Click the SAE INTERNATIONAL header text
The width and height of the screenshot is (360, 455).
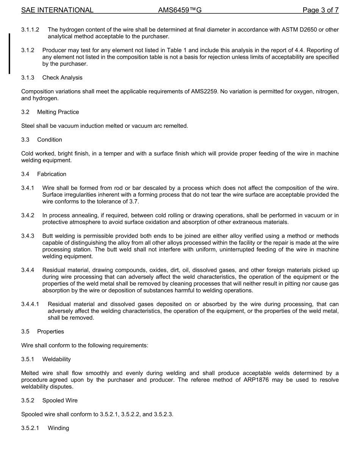(x=57, y=10)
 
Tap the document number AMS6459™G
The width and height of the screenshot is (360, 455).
(x=180, y=10)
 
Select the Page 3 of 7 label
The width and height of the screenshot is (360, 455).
(x=320, y=10)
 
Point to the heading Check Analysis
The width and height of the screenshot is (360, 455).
(x=62, y=77)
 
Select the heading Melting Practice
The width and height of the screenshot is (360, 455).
(x=58, y=112)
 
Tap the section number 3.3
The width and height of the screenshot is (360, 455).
(x=25, y=140)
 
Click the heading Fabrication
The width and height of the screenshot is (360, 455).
(x=52, y=174)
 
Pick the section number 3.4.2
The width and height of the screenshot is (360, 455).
(x=28, y=215)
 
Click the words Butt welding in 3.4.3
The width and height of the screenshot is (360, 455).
(x=57, y=236)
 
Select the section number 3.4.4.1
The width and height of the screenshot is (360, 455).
(x=30, y=304)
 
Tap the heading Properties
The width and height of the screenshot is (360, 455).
(x=50, y=331)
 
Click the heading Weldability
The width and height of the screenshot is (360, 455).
(x=56, y=359)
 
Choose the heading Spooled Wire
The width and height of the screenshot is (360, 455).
(x=60, y=400)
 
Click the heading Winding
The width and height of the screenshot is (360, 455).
(x=58, y=428)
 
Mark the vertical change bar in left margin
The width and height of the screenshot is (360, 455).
(x=9, y=53)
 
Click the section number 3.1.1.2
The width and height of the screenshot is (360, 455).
(x=30, y=30)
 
